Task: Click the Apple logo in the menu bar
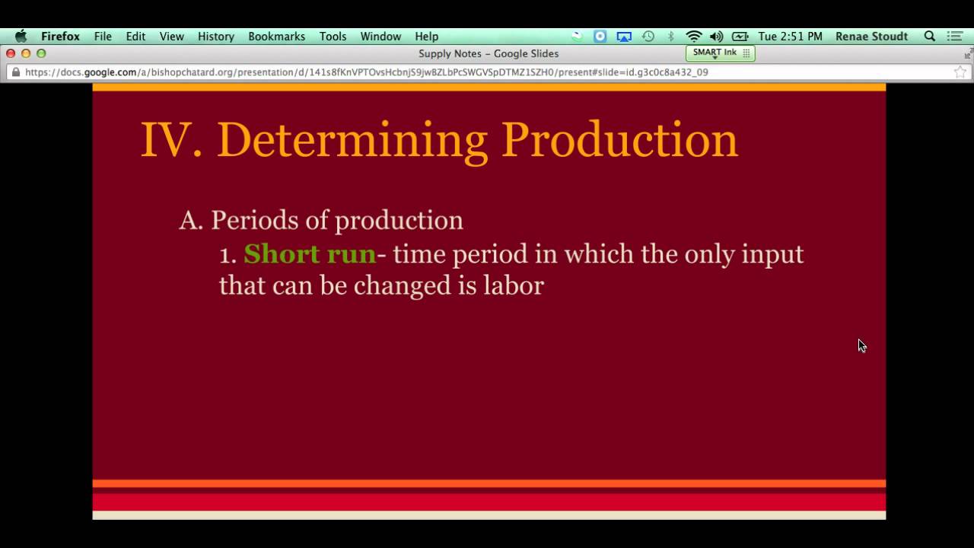click(21, 37)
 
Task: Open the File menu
click(103, 37)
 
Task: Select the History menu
click(216, 37)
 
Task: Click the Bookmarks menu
click(276, 37)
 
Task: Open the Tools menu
click(333, 37)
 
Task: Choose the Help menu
click(426, 37)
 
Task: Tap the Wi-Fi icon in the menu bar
click(693, 37)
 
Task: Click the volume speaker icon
click(716, 37)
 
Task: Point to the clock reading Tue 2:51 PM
click(790, 37)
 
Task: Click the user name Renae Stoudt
click(871, 37)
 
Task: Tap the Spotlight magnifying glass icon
click(929, 37)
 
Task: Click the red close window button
click(11, 53)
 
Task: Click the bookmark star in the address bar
click(960, 72)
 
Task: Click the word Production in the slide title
click(619, 140)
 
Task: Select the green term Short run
click(310, 253)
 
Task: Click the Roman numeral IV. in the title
click(172, 140)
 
